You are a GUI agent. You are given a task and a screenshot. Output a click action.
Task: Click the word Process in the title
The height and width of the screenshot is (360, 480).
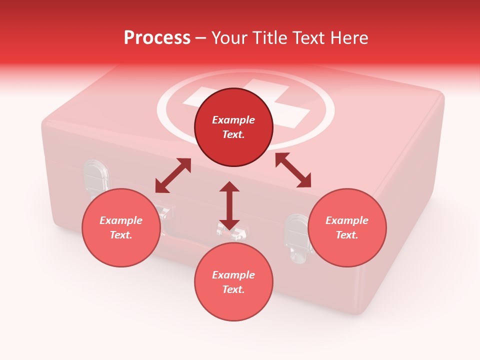point(157,38)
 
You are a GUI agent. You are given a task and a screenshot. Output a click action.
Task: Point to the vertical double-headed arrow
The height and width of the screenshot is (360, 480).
point(229,206)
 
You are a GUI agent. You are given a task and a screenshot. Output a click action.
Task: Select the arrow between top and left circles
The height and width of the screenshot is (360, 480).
point(173,175)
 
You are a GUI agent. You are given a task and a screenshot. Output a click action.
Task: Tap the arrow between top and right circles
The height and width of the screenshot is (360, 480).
point(293,170)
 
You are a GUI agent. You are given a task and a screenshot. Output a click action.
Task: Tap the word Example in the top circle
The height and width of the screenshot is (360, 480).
point(233,120)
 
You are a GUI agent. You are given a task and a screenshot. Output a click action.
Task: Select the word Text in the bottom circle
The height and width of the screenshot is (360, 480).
point(233,289)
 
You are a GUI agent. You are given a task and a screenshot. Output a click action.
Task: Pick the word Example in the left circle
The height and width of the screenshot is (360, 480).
point(121,220)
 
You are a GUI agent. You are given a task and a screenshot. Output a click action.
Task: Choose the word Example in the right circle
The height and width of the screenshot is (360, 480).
point(347,220)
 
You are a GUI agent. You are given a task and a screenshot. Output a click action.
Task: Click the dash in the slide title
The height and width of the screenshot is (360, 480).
point(200,38)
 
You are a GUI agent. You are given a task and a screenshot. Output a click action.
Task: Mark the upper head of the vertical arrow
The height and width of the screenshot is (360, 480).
point(229,187)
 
